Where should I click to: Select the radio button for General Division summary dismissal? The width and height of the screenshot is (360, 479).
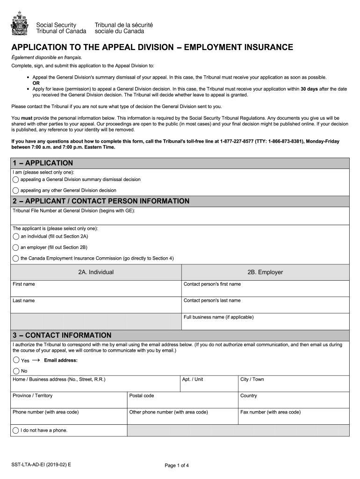16,180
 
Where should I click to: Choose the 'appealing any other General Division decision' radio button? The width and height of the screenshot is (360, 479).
16,190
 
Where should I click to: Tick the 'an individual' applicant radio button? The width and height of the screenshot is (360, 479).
16,237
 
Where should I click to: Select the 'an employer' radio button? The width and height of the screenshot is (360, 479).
16,247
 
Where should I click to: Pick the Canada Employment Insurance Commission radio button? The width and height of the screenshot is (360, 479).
16,258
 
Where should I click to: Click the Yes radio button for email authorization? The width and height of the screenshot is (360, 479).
16,360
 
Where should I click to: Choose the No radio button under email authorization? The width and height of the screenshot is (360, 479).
16,371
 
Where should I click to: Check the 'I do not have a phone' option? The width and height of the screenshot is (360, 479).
16,430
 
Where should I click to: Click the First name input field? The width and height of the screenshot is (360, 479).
96,291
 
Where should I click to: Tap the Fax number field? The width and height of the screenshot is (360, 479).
294,419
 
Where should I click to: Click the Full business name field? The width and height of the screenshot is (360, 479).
265,324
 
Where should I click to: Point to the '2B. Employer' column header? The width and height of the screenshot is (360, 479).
265,272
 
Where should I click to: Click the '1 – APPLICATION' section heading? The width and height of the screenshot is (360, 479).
43,163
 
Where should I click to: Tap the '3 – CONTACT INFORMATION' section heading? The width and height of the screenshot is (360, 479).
62,335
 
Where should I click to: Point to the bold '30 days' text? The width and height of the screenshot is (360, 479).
310,89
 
